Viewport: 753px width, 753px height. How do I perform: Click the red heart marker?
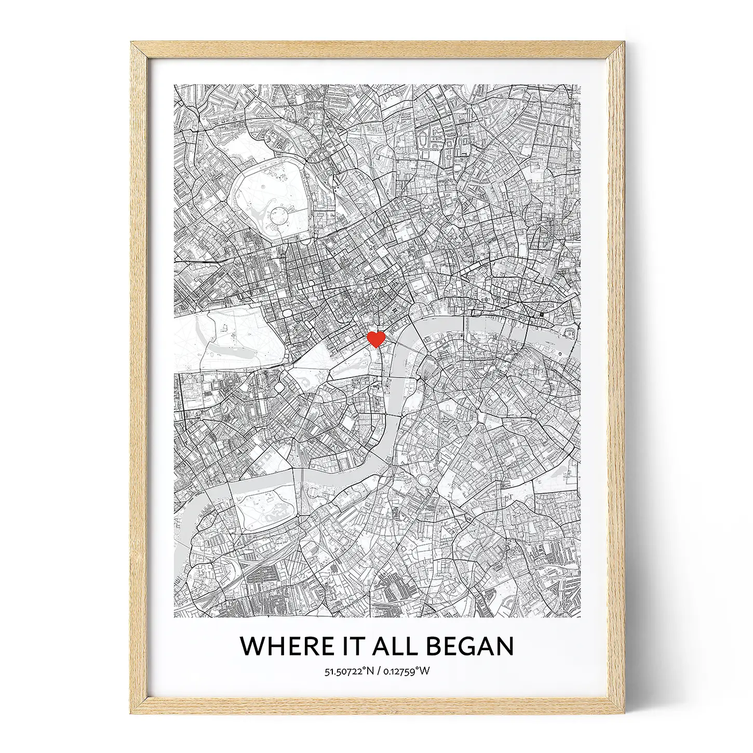375,339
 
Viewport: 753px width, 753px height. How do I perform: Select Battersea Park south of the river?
265,506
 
